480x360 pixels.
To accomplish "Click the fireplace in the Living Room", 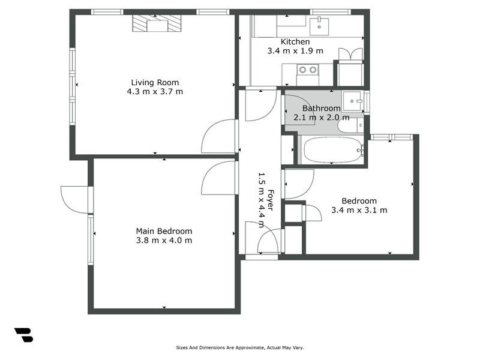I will tap(157, 24).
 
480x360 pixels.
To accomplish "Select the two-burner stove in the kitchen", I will tap(308, 70).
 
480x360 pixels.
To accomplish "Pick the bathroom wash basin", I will tap(353, 101).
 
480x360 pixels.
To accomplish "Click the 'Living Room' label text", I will tap(155, 82).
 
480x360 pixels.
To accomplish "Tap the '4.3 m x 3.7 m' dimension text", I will tap(155, 92).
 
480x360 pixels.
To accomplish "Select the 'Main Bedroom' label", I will tap(164, 231).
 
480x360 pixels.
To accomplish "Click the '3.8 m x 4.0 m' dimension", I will tap(164, 241).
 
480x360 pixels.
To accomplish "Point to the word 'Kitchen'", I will tap(295, 42).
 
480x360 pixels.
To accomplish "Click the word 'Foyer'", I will tap(270, 200).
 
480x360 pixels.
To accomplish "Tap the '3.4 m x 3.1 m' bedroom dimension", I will tap(359, 210).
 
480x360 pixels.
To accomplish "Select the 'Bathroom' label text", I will tap(321, 108).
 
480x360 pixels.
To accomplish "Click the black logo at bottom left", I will tap(23, 335).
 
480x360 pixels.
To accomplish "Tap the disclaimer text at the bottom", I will tap(244, 347).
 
